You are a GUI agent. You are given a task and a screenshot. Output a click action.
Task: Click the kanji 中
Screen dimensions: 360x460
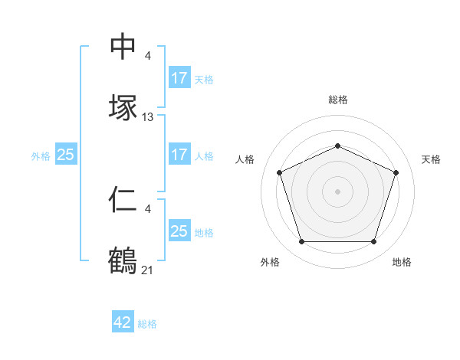123,47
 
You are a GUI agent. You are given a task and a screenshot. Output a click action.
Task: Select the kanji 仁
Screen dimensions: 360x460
123,201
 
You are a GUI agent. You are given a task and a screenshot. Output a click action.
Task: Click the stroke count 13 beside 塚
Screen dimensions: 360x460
148,117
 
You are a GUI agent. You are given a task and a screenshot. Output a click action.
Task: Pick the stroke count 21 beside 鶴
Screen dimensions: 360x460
148,269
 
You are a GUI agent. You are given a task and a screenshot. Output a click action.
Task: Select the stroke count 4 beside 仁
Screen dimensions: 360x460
147,208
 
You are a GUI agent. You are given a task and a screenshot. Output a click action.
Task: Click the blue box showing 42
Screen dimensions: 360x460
123,323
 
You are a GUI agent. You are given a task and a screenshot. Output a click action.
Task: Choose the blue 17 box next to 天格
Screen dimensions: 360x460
179,78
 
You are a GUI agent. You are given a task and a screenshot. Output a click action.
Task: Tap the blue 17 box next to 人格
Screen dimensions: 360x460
179,155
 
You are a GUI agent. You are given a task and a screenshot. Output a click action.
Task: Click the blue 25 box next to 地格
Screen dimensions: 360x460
179,231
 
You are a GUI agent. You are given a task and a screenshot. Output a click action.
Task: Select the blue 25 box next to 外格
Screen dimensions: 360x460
65,155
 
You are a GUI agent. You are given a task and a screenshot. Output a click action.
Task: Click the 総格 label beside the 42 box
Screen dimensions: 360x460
147,324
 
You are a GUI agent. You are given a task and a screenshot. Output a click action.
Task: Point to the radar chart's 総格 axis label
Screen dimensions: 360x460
337,100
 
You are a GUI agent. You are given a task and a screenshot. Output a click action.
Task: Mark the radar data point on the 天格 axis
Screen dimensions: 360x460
396,172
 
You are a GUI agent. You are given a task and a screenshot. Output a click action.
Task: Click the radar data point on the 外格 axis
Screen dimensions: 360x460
301,242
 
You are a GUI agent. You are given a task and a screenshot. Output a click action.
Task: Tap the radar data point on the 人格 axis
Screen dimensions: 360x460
279,172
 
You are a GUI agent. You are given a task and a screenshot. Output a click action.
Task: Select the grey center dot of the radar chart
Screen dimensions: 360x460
337,191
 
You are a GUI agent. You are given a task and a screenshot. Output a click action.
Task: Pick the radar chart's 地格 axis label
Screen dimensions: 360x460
402,262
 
